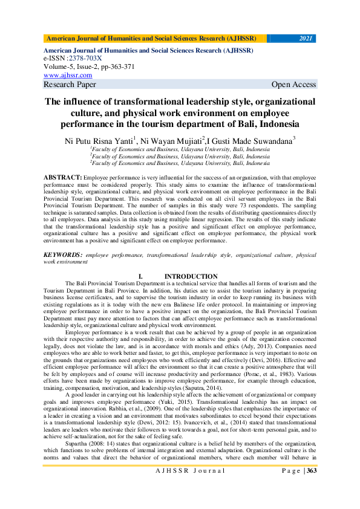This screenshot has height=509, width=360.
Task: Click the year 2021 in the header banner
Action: click(306, 39)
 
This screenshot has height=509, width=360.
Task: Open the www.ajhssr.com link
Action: click(68, 75)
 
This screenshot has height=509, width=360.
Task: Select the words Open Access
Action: click(294, 84)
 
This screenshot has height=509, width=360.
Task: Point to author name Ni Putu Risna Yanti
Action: click(98, 140)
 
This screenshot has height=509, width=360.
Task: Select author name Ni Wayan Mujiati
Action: click(172, 140)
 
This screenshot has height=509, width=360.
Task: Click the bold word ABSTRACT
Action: click(62, 177)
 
